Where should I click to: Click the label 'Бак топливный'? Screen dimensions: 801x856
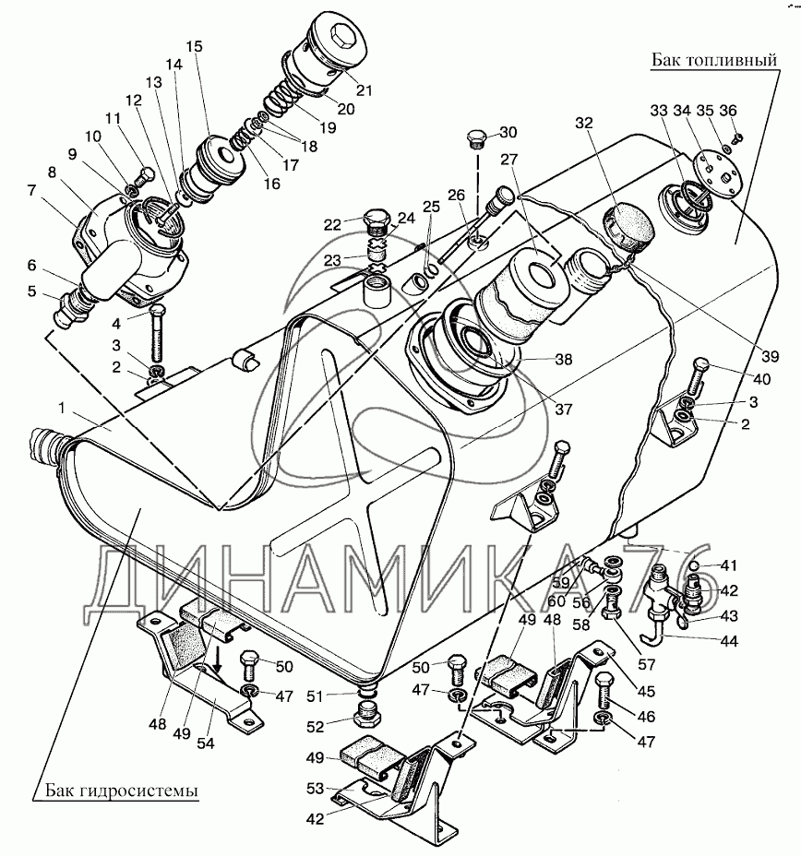[x=713, y=60]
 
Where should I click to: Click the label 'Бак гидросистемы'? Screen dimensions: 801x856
[x=121, y=791]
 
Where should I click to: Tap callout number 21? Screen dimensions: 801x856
[x=364, y=89]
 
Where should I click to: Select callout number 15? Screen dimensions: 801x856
[x=194, y=46]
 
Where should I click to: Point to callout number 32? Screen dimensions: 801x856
[x=584, y=123]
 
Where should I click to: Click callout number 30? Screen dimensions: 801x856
[x=508, y=132]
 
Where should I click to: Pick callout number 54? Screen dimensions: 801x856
[x=205, y=743]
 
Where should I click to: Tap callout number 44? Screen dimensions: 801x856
[x=728, y=642]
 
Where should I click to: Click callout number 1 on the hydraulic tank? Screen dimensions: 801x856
[x=62, y=408]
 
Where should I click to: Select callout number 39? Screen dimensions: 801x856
[x=770, y=356]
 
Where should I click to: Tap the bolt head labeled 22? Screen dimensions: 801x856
[x=376, y=220]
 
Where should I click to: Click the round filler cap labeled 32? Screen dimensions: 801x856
[x=628, y=225]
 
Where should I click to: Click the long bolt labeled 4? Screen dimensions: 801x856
[x=157, y=333]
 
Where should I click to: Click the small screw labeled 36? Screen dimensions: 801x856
[x=736, y=138]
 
